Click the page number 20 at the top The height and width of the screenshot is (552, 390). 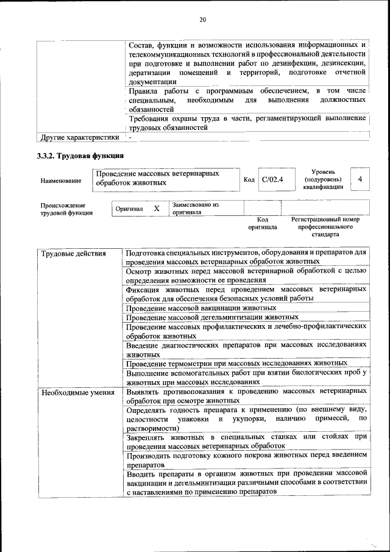202,20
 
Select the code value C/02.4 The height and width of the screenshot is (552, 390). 272,179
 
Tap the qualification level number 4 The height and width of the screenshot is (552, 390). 360,179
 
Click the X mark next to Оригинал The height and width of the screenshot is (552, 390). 157,209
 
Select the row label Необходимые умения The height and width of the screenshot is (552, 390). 78,392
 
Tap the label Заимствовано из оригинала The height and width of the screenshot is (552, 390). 195,209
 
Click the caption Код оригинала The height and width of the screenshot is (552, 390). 263,223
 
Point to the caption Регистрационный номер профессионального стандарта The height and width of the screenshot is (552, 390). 325,226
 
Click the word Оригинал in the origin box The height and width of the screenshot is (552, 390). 129,209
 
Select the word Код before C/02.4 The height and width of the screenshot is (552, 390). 249,179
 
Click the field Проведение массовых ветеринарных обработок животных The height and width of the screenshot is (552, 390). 165,178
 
